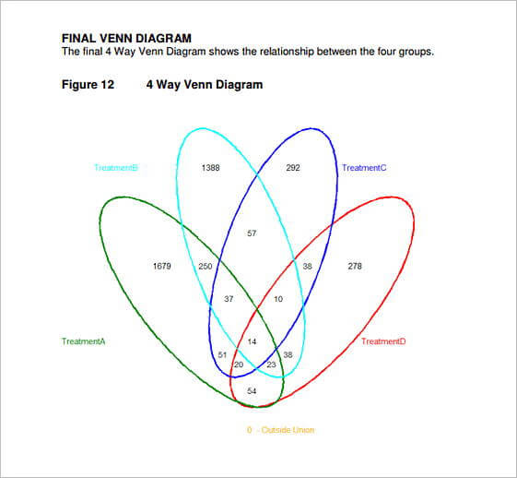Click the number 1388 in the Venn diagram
pyautogui.click(x=210, y=168)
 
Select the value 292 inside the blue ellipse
pyautogui.click(x=293, y=168)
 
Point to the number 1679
pyautogui.click(x=162, y=266)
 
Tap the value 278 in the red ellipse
pyautogui.click(x=355, y=266)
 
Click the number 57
pyautogui.click(x=252, y=233)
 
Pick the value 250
pyautogui.click(x=206, y=266)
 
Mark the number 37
pyautogui.click(x=229, y=299)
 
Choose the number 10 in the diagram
pyautogui.click(x=278, y=299)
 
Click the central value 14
pyautogui.click(x=252, y=341)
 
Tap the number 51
pyautogui.click(x=222, y=355)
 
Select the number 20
pyautogui.click(x=239, y=364)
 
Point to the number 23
pyautogui.click(x=271, y=364)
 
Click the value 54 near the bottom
pyautogui.click(x=252, y=391)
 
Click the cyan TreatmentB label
pyautogui.click(x=116, y=168)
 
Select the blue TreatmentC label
pyautogui.click(x=364, y=168)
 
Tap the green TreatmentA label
pyautogui.click(x=84, y=341)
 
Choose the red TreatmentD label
pyautogui.click(x=383, y=341)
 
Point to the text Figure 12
pyautogui.click(x=88, y=85)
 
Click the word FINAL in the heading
pyautogui.click(x=79, y=38)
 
